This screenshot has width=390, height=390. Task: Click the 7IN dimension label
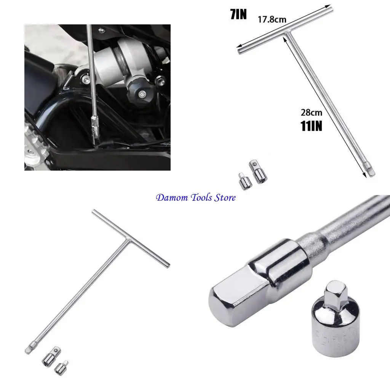(239, 14)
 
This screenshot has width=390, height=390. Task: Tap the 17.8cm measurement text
(272, 19)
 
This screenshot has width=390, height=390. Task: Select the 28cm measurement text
(312, 112)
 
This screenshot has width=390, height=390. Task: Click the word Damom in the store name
(170, 198)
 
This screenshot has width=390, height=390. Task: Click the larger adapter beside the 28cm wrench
(258, 172)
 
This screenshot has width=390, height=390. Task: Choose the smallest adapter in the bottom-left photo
(60, 368)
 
